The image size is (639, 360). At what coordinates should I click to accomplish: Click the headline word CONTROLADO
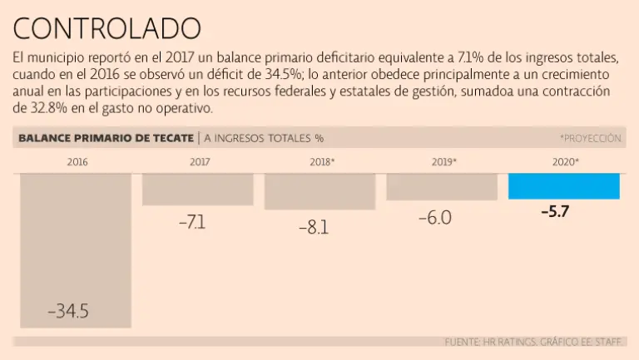pos(107,29)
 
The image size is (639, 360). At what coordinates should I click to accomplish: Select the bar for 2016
pos(76,249)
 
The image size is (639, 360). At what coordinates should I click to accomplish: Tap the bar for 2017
pos(198,189)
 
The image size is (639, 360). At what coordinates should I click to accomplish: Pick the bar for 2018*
pos(319,191)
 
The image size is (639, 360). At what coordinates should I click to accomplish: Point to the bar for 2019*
pos(442,187)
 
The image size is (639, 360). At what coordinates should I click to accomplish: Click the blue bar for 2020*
pos(564,186)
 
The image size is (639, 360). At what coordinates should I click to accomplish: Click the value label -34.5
pos(68,312)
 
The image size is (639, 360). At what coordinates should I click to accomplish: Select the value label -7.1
pos(191,223)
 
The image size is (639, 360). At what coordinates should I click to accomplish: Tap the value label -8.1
pos(314,227)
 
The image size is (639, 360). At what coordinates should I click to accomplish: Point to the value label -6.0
pos(434,219)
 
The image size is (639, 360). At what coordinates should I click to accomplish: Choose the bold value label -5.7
pos(554,211)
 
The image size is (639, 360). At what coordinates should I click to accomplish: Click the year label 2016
pos(77,161)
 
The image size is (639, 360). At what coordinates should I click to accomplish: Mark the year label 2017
pos(199,161)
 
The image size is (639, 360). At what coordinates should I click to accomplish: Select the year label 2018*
pos(321,161)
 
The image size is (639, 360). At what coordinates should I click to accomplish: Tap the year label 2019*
pos(443,161)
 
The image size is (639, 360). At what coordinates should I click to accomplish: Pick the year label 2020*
pos(566,161)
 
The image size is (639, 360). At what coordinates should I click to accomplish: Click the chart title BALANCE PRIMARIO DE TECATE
pos(104,138)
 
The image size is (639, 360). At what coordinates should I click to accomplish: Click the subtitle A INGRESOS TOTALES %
pos(264,138)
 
